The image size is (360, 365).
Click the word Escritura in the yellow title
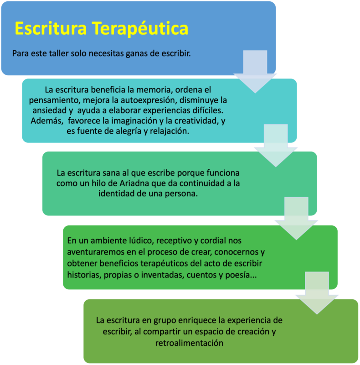51,28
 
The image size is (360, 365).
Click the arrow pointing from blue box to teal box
255,72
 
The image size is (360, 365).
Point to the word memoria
155,89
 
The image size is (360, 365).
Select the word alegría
129,131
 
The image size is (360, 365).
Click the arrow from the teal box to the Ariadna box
276,146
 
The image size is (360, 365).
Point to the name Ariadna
134,183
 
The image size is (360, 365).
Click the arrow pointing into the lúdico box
296,219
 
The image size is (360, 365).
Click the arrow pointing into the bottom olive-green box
317,293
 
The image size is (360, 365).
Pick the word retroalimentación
189,343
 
